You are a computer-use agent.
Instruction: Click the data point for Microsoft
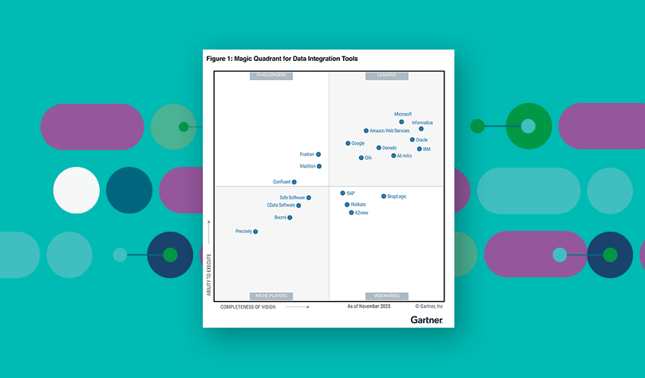pos(402,122)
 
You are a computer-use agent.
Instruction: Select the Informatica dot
pos(421,129)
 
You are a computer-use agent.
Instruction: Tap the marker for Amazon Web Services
pos(366,131)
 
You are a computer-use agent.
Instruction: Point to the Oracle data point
pos(412,139)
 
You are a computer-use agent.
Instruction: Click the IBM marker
pos(419,149)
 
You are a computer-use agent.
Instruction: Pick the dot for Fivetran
pos(318,155)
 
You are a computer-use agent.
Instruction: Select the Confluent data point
pos(294,182)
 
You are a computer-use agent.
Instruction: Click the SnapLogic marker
pos(383,197)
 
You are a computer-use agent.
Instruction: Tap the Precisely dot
pos(255,232)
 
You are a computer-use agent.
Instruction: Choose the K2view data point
pos(351,213)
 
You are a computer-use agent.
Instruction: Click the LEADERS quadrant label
pos(387,75)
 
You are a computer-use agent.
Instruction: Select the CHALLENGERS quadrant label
pos(271,75)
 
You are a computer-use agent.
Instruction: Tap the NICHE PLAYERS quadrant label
pos(271,296)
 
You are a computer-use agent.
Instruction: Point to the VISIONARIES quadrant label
pos(387,296)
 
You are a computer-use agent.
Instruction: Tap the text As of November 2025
pos(368,306)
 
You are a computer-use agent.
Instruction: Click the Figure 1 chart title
pos(281,59)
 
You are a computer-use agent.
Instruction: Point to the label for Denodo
pos(389,148)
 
